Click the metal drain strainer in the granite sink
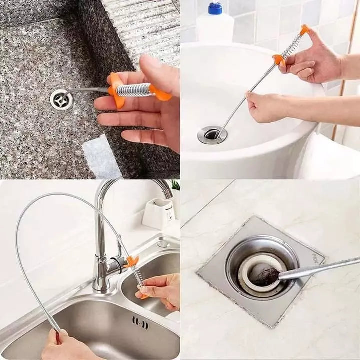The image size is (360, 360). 61,99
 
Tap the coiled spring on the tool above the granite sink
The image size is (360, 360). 133,90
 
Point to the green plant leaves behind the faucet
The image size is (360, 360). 175,185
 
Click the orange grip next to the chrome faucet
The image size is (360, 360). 132,261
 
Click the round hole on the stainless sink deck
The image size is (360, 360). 163,244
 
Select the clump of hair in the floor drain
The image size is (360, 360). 265,275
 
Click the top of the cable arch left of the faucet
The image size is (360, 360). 55,195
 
